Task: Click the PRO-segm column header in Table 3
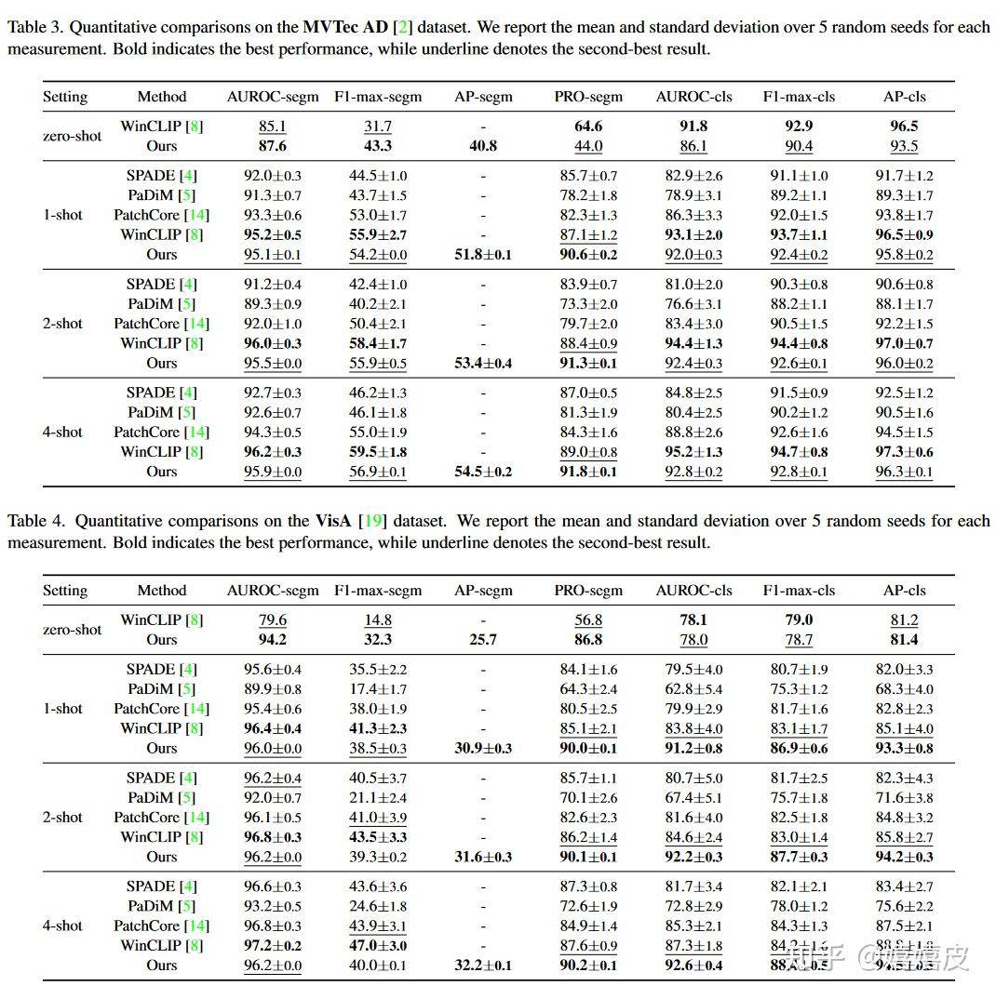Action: (x=588, y=97)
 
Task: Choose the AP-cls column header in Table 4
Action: (x=904, y=591)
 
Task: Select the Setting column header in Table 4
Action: (x=65, y=591)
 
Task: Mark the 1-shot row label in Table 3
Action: (x=62, y=215)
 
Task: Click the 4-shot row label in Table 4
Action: (x=62, y=926)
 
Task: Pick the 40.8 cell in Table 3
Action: (x=483, y=146)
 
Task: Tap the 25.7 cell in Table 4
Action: (x=483, y=640)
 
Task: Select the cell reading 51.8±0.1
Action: (x=483, y=255)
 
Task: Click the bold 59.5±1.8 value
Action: (x=377, y=452)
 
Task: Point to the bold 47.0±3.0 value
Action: (x=377, y=946)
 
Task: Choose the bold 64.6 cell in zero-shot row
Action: (x=588, y=127)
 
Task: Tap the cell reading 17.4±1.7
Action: (x=377, y=689)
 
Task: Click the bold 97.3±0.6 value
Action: (x=904, y=452)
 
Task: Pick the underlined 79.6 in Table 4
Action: (x=273, y=620)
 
